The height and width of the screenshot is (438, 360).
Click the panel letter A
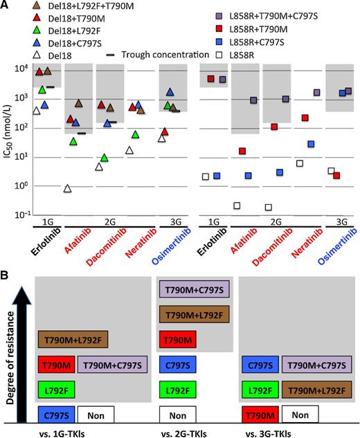pyautogui.click(x=7, y=8)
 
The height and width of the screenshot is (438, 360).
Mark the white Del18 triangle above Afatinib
pyautogui.click(x=67, y=189)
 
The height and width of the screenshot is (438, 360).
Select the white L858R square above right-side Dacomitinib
pyautogui.click(x=268, y=207)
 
